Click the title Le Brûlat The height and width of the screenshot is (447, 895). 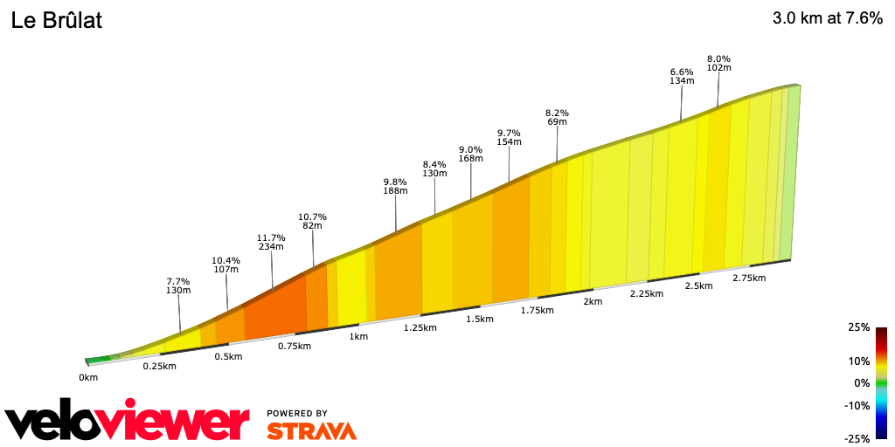(x=57, y=21)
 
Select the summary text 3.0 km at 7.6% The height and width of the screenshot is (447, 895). (x=827, y=18)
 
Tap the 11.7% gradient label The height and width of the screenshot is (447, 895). (x=272, y=241)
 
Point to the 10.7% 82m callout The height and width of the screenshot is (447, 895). (x=312, y=221)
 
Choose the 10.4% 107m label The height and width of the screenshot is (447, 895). (x=225, y=265)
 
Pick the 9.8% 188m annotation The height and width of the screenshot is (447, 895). (x=395, y=186)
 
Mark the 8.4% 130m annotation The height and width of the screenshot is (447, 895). (x=434, y=168)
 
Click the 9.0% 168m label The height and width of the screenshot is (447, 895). (x=470, y=154)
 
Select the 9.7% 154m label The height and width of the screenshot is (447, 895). (x=509, y=136)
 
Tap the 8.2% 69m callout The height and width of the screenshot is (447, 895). (x=557, y=117)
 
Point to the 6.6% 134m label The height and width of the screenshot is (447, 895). (x=681, y=76)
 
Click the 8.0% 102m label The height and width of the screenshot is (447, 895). (x=718, y=62)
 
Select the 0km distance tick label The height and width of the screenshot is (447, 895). (x=88, y=377)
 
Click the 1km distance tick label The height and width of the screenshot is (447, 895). (x=357, y=336)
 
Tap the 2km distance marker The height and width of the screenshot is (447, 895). (x=593, y=301)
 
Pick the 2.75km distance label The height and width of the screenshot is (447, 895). (x=749, y=278)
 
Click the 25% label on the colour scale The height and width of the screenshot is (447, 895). (x=858, y=327)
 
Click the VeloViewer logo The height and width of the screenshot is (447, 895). (x=127, y=423)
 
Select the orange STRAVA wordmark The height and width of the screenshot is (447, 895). (x=311, y=430)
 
